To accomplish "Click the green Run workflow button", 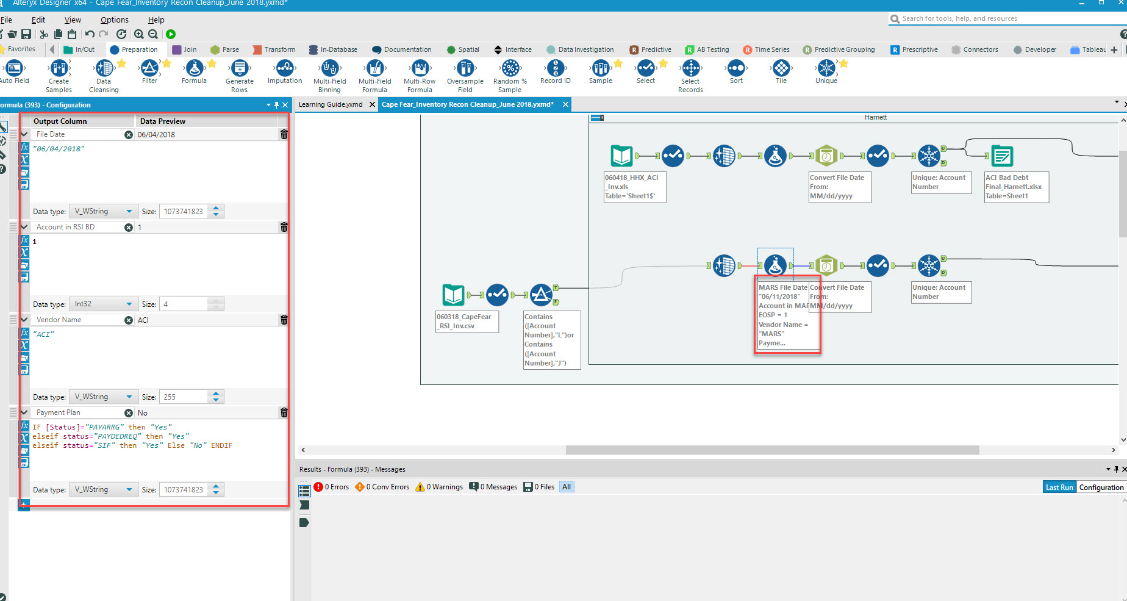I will [x=171, y=34].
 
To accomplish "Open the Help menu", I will [x=156, y=20].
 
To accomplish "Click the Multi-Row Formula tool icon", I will [x=420, y=69].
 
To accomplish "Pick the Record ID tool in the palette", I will [x=555, y=68].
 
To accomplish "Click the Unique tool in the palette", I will [x=826, y=68].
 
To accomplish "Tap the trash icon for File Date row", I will [x=284, y=134].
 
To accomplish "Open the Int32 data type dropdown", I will [x=103, y=304].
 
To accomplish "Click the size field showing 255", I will [x=183, y=397].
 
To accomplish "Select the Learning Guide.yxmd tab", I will [x=331, y=104].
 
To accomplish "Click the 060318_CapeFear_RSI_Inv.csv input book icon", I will [x=453, y=295].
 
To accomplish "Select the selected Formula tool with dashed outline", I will [x=775, y=265].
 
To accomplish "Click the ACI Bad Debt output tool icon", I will [x=1001, y=156].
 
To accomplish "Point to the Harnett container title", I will [x=875, y=117].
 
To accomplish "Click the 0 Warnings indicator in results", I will [x=439, y=487].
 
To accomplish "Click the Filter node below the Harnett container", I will [x=541, y=295].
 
